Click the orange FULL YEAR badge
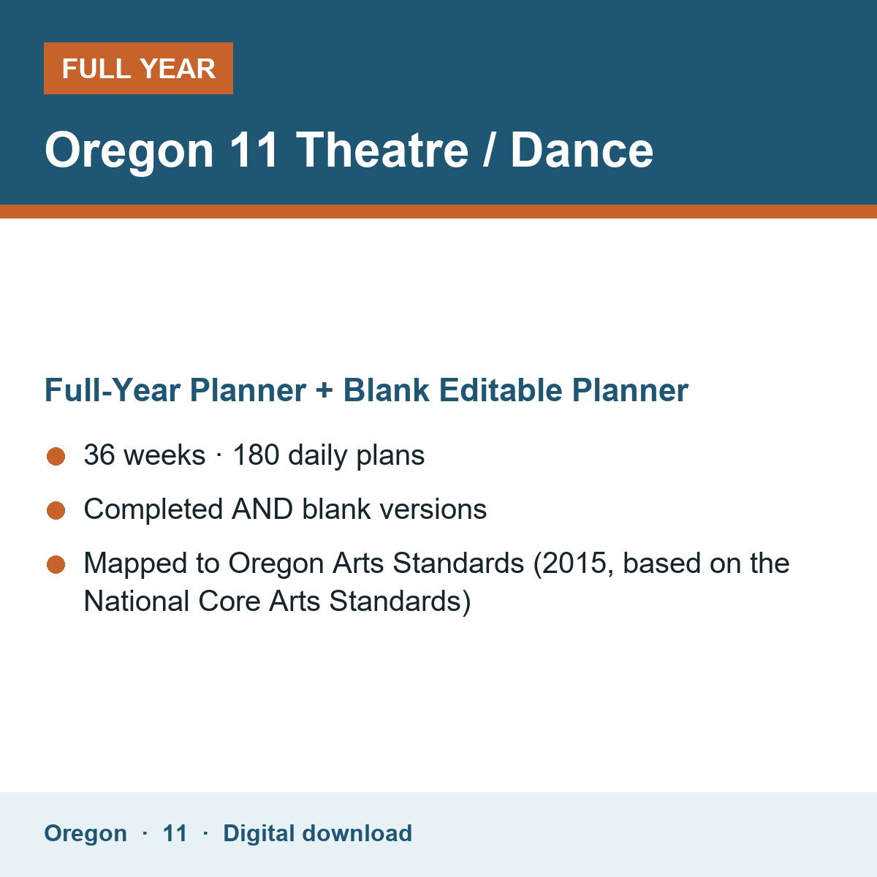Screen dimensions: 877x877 [138, 68]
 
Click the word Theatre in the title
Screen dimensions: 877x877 [381, 151]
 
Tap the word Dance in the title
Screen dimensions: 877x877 [582, 151]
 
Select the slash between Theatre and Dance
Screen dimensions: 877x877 [488, 151]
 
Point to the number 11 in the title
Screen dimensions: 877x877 [253, 151]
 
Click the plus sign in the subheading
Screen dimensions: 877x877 [324, 391]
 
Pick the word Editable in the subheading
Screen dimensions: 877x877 [501, 390]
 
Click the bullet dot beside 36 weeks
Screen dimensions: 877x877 [56, 457]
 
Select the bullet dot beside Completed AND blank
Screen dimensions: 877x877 [56, 510]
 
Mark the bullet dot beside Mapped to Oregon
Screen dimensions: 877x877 [56, 565]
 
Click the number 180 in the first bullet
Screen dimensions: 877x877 [256, 455]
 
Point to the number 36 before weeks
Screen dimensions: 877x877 [99, 455]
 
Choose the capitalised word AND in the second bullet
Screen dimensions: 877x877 [262, 509]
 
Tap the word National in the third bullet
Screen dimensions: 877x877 [137, 601]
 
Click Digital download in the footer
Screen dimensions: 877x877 [318, 834]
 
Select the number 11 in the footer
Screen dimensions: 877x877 [175, 834]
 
